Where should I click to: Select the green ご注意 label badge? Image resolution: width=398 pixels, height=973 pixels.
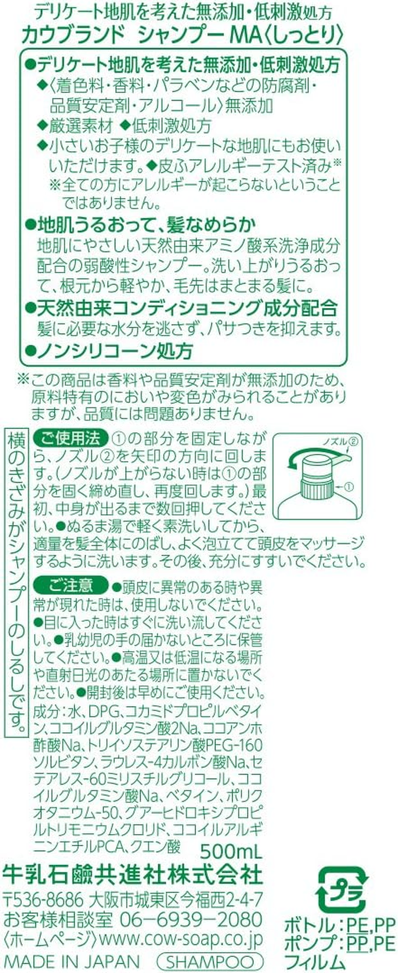pos(70,586)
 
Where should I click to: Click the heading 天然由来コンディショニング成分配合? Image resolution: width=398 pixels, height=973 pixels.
pos(181,308)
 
